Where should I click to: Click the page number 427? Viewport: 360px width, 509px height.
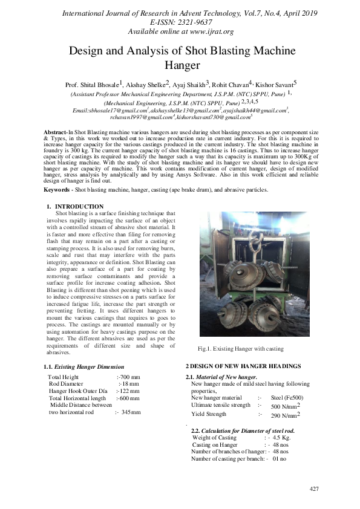pos(313,488)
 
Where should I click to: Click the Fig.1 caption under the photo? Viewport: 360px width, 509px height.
pos(241,349)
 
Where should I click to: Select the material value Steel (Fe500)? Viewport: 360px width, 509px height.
pos(288,398)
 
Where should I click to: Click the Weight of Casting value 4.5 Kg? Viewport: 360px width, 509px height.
pos(280,436)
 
